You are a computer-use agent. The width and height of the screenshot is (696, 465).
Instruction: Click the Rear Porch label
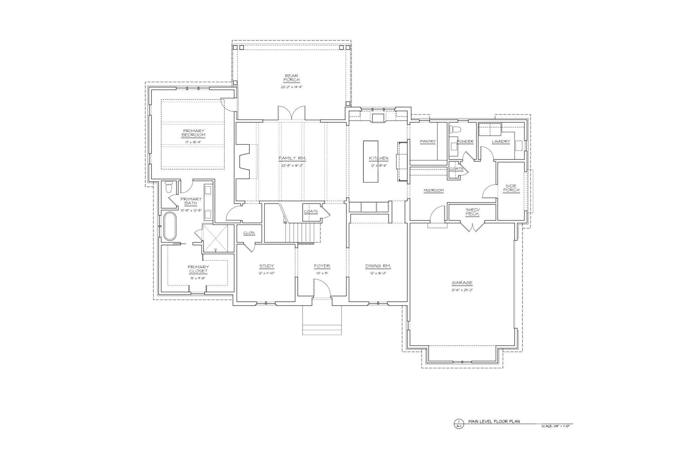pos(292,78)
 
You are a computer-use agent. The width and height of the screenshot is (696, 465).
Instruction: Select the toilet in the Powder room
pos(455,130)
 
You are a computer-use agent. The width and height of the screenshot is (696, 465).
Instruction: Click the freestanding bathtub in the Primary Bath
pos(169,226)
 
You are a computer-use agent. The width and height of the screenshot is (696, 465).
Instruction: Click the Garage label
pos(462,283)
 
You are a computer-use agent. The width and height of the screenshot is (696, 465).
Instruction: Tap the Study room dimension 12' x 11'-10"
pos(266,273)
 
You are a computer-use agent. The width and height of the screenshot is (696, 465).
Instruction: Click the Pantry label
pos(428,141)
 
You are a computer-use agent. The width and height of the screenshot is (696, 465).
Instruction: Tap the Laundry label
pos(501,141)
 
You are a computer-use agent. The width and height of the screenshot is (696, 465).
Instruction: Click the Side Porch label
pos(511,188)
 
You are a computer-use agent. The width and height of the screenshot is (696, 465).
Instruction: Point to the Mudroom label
pos(434,190)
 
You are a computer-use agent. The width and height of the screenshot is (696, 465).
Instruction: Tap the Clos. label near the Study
pos(249,233)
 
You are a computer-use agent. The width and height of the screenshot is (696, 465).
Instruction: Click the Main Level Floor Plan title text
pos(494,421)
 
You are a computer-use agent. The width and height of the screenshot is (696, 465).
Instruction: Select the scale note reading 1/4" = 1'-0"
pos(555,426)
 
